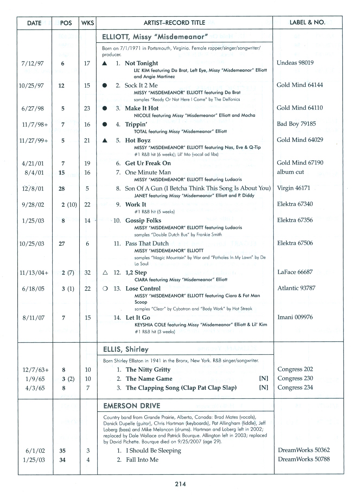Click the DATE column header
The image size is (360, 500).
tap(34, 23)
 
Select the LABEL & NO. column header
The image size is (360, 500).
tap(307, 23)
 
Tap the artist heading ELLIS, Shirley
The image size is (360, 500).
tap(126, 349)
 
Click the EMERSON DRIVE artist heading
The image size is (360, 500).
tap(132, 406)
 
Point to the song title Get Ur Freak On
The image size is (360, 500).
tap(148, 163)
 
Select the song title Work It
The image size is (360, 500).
tap(136, 204)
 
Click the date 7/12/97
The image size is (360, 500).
tap(33, 63)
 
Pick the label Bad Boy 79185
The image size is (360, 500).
tap(296, 124)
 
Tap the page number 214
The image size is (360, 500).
tap(180, 484)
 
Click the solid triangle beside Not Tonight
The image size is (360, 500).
tap(105, 63)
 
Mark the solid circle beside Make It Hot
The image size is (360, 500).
tap(105, 108)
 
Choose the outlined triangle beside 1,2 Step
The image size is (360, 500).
tap(105, 273)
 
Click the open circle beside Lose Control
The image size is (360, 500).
tap(105, 289)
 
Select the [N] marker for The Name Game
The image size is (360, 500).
tap(263, 379)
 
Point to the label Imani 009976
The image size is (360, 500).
tap(295, 317)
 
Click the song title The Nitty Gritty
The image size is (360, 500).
tap(148, 370)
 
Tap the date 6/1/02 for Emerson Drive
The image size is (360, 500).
tap(35, 451)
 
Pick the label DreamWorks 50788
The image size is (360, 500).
tap(304, 459)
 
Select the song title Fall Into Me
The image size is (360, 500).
tap(142, 460)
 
